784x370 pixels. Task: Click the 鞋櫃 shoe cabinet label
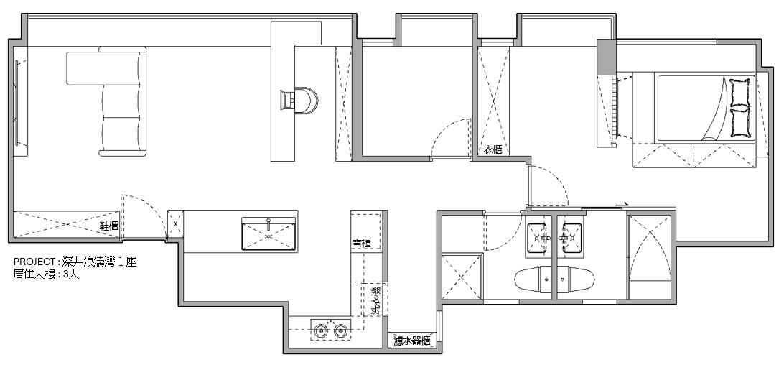tap(110, 226)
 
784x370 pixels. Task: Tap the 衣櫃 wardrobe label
tap(493, 149)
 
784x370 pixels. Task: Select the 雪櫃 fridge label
tap(362, 244)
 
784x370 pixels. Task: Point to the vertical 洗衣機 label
tap(376, 300)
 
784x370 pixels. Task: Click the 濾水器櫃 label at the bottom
tap(411, 341)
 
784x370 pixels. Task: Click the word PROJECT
tap(34, 262)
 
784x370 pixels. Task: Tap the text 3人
tap(72, 274)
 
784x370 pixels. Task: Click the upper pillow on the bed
tap(740, 93)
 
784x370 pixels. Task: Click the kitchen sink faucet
tap(269, 221)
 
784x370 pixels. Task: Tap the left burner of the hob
tap(320, 330)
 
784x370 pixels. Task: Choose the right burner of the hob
tap(340, 330)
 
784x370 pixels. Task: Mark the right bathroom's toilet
tap(576, 279)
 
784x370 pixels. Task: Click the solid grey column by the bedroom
tap(607, 57)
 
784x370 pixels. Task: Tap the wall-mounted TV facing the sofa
tap(18, 102)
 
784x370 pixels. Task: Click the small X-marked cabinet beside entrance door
tap(175, 224)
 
